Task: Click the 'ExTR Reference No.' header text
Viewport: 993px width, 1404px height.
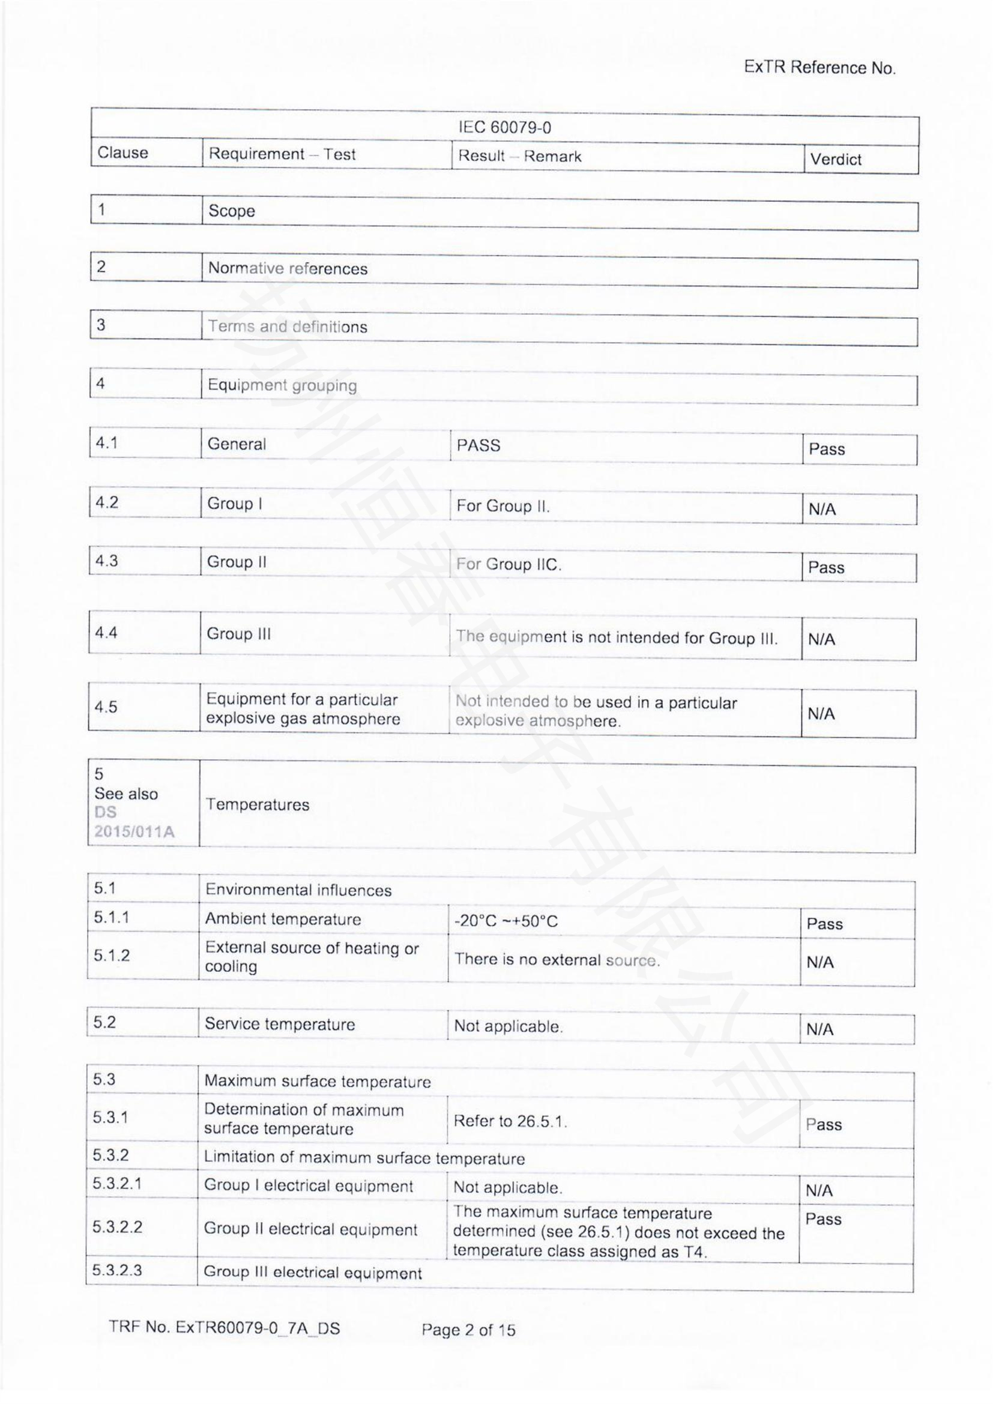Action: coord(819,67)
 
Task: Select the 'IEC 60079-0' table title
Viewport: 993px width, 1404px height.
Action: coord(504,127)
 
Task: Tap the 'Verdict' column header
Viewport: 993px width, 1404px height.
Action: coord(835,159)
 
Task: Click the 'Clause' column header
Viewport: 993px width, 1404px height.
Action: coord(123,152)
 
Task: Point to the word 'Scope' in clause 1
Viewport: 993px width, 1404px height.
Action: coord(231,211)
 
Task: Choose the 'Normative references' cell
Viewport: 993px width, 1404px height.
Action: coord(288,268)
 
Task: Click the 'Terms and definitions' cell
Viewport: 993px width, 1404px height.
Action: coord(288,327)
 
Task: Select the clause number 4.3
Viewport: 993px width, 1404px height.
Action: coord(106,561)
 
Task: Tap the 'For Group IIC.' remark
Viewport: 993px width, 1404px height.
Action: coord(508,564)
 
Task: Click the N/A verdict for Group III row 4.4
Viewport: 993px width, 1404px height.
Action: coord(821,640)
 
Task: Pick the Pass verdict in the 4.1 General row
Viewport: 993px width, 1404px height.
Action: coord(826,449)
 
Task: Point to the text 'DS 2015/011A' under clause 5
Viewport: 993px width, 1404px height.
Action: coord(133,822)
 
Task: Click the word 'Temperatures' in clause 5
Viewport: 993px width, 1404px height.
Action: coord(257,804)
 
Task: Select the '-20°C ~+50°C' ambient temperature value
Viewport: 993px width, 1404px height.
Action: coord(506,921)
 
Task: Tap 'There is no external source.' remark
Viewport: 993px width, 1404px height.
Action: coord(557,959)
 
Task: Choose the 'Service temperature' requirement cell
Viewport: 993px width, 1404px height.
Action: coord(279,1024)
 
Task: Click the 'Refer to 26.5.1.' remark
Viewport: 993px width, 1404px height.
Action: coord(510,1121)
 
